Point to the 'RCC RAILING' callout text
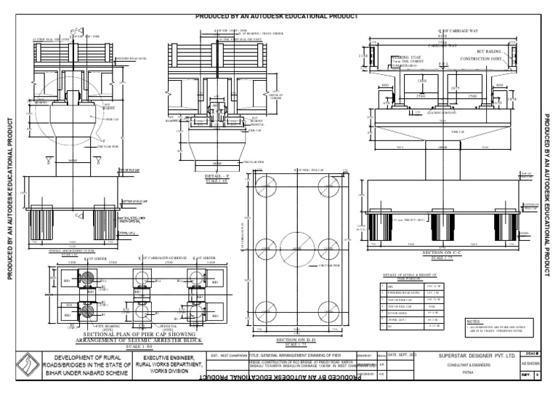[477, 52]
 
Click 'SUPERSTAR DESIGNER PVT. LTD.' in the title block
[477, 355]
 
